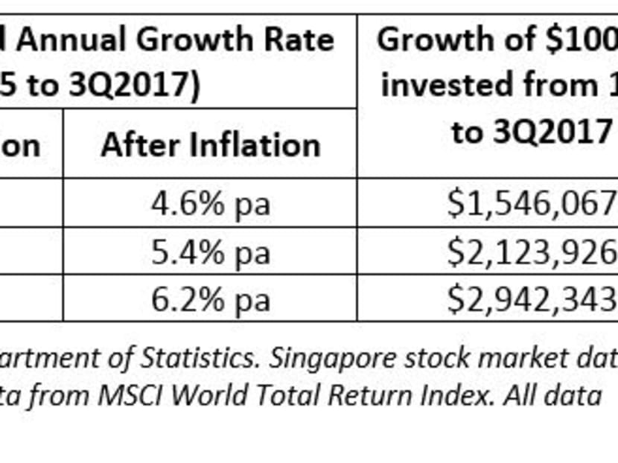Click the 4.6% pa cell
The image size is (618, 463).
(210, 203)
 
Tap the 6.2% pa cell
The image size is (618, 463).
(210, 299)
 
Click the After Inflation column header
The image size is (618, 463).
(210, 144)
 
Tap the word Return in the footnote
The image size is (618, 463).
(373, 395)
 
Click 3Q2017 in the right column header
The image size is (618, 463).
(531, 132)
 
